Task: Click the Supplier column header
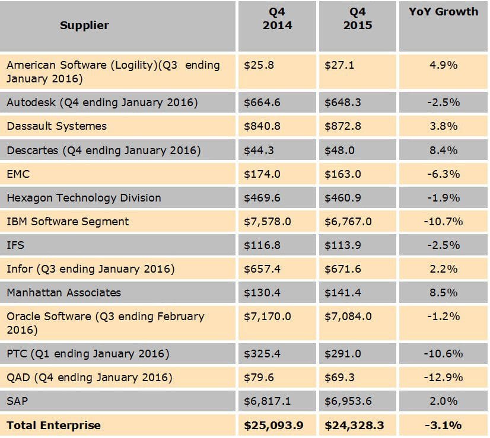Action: [x=84, y=25]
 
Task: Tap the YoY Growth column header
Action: [x=443, y=11]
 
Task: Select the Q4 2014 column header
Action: [x=277, y=18]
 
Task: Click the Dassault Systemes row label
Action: [x=56, y=126]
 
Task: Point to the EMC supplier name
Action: [x=18, y=174]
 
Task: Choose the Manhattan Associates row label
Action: [x=63, y=292]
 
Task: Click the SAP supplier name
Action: [x=17, y=401]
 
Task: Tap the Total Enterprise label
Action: [x=53, y=425]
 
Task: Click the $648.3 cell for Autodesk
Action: [x=339, y=103]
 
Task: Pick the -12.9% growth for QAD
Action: [x=443, y=378]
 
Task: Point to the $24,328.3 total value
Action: [x=354, y=425]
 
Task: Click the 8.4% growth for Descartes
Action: [x=443, y=150]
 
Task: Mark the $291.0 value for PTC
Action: [x=339, y=354]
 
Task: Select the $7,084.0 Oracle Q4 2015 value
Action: [x=348, y=316]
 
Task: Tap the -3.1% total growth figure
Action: [x=443, y=425]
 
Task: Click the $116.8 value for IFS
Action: [x=259, y=245]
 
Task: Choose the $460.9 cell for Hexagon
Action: [x=339, y=197]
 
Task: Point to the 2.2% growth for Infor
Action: [x=443, y=268]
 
